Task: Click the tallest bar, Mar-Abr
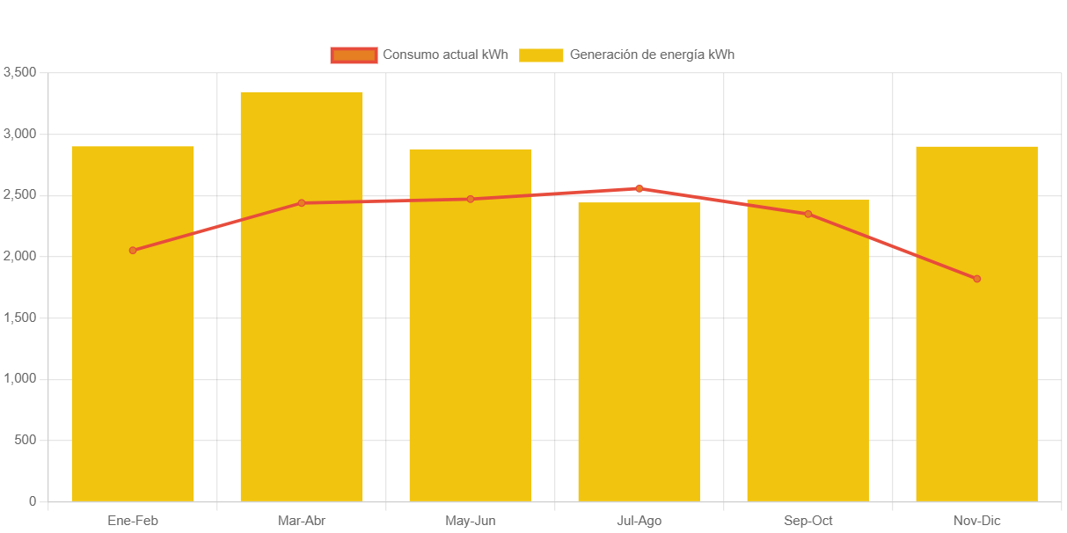coord(302,352)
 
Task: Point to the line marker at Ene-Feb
coord(133,251)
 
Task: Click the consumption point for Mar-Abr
coord(302,203)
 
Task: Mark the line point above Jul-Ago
coord(639,188)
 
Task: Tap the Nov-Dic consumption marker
coord(976,279)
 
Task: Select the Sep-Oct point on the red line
coord(808,214)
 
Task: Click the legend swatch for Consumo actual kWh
coord(354,55)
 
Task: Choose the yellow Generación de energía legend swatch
coord(541,55)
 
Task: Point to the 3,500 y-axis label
coord(20,72)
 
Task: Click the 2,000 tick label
coord(20,256)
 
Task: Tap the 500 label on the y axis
coord(26,440)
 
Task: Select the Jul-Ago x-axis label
coord(639,521)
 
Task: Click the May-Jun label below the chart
coord(471,521)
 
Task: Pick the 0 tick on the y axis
coord(33,501)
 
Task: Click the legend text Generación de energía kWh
coord(652,55)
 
